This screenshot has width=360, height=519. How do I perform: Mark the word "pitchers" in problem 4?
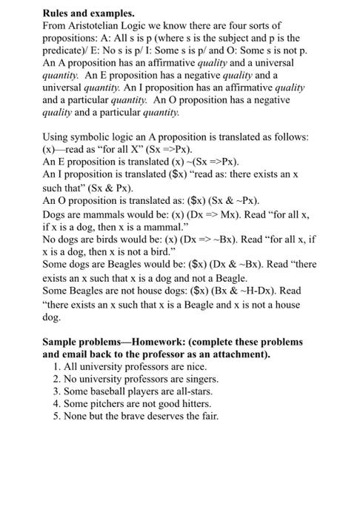click(x=114, y=403)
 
